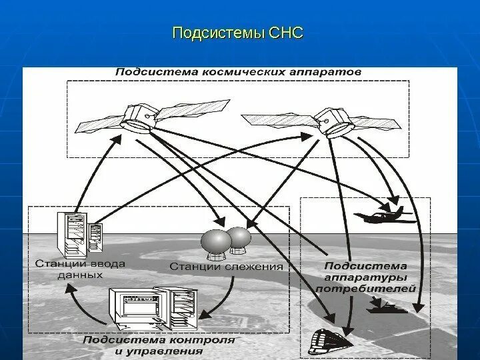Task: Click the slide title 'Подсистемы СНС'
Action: pyautogui.click(x=237, y=33)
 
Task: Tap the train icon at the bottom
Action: pyautogui.click(x=332, y=341)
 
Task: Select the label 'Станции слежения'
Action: pyautogui.click(x=227, y=267)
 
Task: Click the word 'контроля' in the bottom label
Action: pyautogui.click(x=207, y=339)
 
